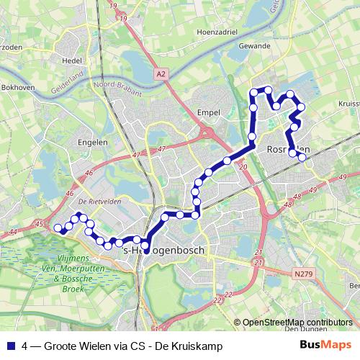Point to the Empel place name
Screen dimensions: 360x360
pos(207,112)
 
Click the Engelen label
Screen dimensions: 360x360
pos(93,143)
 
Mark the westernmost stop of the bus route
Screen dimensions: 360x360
pos(58,228)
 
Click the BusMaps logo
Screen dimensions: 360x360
pos(325,346)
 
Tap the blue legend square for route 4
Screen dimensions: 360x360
pos(9,346)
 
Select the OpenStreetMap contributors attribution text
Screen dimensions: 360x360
pos(298,322)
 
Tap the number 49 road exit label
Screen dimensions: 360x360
pos(343,176)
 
